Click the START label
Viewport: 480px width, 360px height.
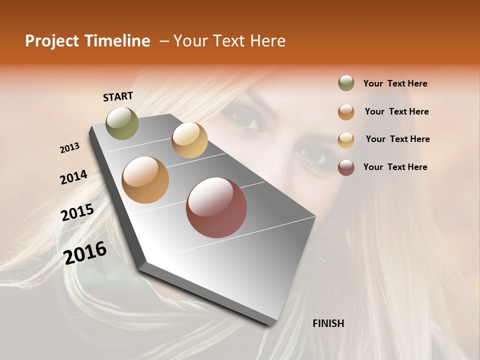(x=118, y=96)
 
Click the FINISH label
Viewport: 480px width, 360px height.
(x=328, y=323)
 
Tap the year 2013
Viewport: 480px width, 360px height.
(x=69, y=148)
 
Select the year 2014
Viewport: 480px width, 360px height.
(x=73, y=177)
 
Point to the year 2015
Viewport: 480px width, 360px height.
(x=77, y=212)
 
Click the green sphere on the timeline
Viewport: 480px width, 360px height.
(x=122, y=123)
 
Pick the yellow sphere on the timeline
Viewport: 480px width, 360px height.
(x=189, y=140)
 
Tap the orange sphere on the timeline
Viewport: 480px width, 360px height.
(x=145, y=180)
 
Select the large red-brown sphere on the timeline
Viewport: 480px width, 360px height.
(x=216, y=207)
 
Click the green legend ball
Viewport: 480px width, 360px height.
(x=346, y=83)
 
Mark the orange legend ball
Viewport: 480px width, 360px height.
(x=346, y=112)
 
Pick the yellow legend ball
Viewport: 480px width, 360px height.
(x=346, y=140)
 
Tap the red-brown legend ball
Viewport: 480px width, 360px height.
(x=346, y=167)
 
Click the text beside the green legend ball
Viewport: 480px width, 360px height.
(x=395, y=83)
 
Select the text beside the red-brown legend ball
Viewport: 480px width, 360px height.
(x=395, y=167)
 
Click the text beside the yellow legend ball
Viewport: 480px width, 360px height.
(x=397, y=139)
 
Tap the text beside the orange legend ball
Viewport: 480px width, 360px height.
(x=396, y=111)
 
